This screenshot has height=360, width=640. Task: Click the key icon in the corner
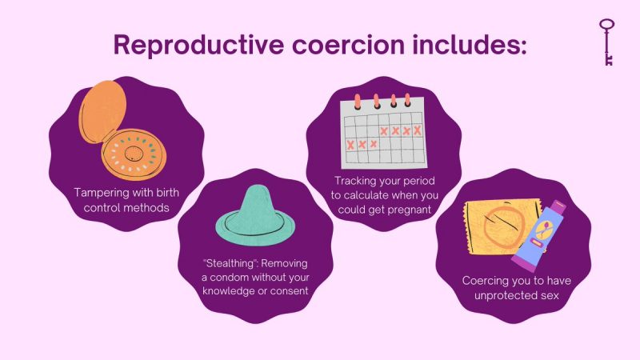(x=607, y=41)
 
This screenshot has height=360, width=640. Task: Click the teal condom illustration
(x=249, y=211)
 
